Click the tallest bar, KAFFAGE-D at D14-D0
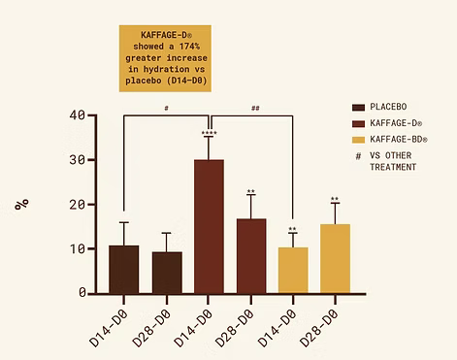coord(209,226)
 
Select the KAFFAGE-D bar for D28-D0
coord(250,255)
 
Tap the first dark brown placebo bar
coord(123,269)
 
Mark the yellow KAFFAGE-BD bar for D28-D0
coord(335,258)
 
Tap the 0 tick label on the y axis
coord(82,292)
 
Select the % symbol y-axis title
coord(20,205)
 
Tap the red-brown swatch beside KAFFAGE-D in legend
coord(359,124)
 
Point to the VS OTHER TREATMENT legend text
coord(399,161)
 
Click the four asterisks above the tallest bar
coord(209,133)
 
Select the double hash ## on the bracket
coord(255,110)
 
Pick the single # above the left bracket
coord(167,110)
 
